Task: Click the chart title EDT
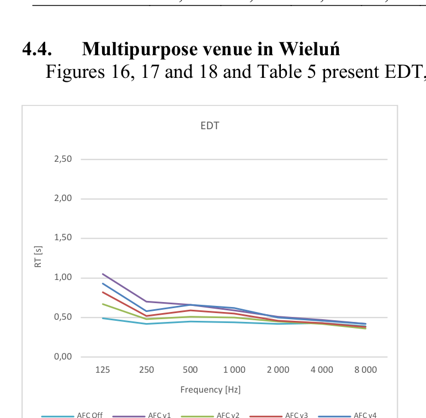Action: [x=210, y=126]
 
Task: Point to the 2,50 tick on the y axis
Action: [x=63, y=159]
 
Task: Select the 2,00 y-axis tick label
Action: [x=63, y=199]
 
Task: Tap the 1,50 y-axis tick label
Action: [x=63, y=238]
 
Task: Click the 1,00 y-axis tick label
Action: [x=63, y=278]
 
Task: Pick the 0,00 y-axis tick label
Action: [x=63, y=357]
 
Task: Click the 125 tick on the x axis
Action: [x=103, y=370]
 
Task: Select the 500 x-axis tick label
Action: [x=190, y=370]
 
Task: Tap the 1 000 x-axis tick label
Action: [x=234, y=370]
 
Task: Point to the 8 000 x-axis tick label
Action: [x=365, y=370]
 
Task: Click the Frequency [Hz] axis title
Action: [x=210, y=390]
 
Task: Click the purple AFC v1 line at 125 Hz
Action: [x=103, y=274]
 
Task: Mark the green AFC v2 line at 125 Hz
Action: [x=103, y=304]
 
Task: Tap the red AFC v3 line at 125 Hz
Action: [x=103, y=292]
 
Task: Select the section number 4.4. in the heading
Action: [x=37, y=50]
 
